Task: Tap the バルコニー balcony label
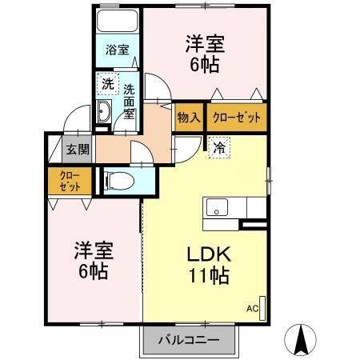pos(190,338)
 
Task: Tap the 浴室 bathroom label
pos(117,50)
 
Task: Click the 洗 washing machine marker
pos(106,82)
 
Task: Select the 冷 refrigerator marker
pos(218,147)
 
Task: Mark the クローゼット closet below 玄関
pos(63,182)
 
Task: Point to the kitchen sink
pos(217,208)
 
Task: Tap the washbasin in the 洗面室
pos(104,113)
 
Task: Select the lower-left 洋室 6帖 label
pos(92,258)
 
